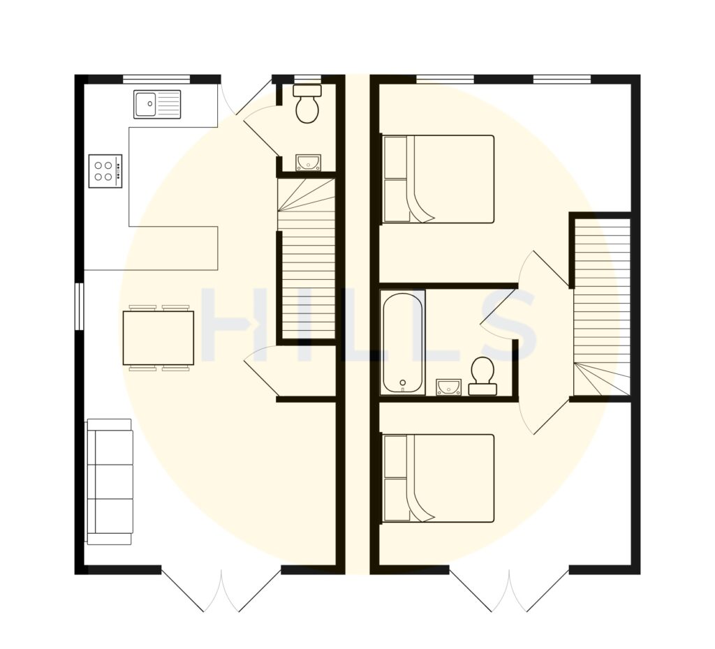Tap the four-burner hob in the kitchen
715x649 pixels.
[105, 171]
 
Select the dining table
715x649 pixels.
[159, 338]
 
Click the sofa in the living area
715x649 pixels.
[109, 481]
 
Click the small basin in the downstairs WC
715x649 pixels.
[307, 163]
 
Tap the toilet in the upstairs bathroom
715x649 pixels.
[482, 375]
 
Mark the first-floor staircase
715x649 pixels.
[601, 307]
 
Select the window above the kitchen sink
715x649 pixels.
[156, 79]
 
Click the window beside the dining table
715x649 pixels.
[80, 305]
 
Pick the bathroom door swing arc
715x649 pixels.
[497, 314]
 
